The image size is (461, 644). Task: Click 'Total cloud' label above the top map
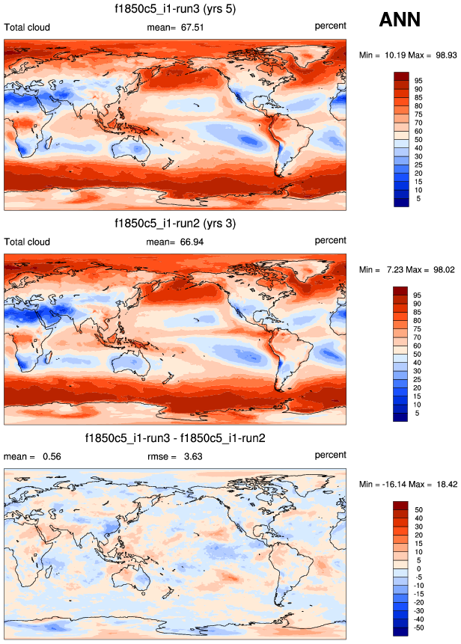pos(27,26)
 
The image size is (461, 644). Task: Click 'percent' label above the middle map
pos(330,240)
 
